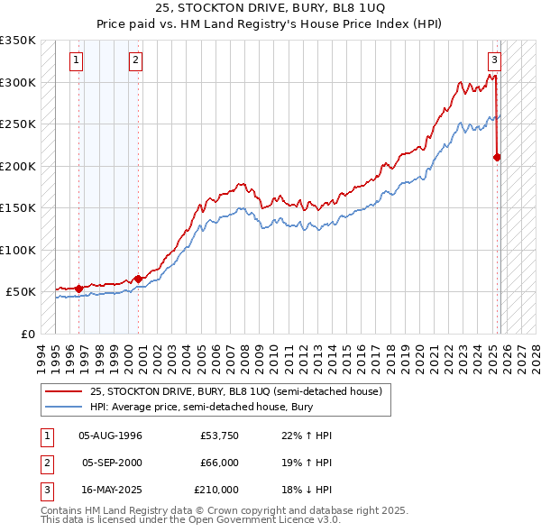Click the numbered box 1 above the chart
click(76, 60)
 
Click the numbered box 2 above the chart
click(134, 60)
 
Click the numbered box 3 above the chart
click(494, 60)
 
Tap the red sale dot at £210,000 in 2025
click(497, 158)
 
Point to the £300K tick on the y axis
click(18, 82)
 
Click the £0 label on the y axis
click(27, 334)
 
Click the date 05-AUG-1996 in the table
click(111, 436)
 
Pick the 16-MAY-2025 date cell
click(111, 490)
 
